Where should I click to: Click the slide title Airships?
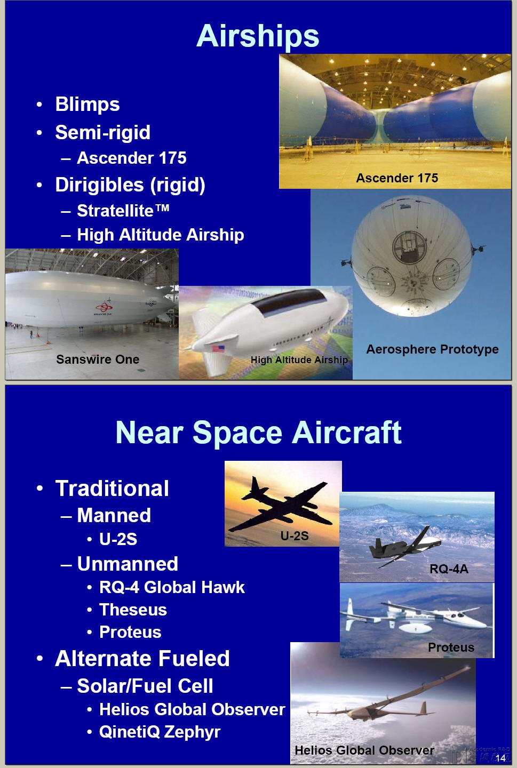(258, 36)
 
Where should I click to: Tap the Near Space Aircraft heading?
(258, 433)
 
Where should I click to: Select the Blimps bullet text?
(88, 104)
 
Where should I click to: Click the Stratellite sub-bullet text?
(123, 210)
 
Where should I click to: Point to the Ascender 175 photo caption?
(397, 178)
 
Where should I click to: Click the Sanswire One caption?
(98, 359)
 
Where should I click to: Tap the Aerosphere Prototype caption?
(432, 349)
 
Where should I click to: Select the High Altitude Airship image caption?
(299, 359)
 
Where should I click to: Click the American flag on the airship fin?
(218, 349)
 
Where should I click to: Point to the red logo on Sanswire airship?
(104, 306)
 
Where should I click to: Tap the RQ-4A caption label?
(449, 569)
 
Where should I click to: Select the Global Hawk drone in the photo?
(405, 546)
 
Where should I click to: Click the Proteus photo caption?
(451, 647)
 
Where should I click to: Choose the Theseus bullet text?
(133, 610)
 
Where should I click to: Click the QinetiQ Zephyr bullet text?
(160, 732)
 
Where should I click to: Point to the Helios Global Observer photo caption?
(364, 750)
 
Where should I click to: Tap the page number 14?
(500, 758)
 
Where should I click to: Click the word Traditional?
(112, 488)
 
